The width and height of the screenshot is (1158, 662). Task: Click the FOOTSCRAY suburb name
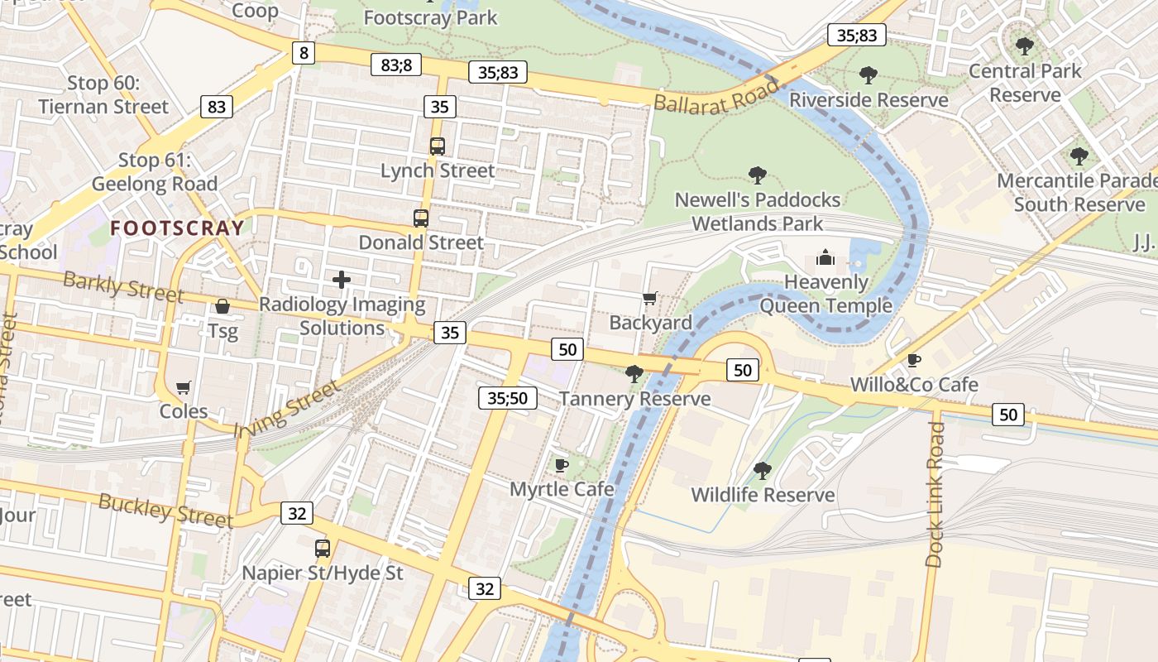pos(178,228)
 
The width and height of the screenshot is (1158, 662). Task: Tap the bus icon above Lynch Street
pos(438,146)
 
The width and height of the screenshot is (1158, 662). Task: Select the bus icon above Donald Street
pos(421,218)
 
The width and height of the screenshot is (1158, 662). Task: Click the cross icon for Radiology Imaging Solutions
pos(342,280)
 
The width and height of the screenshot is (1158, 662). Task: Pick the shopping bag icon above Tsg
pos(223,307)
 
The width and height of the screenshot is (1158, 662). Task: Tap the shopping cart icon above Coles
pos(184,387)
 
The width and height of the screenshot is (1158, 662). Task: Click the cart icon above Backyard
pos(650,298)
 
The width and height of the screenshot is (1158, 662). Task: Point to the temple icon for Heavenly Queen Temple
pos(825,258)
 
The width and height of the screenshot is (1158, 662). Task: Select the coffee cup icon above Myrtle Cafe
pos(562,465)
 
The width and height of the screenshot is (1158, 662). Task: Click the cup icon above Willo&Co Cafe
pos(914,360)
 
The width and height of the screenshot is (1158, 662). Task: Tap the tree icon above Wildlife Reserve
pos(763,471)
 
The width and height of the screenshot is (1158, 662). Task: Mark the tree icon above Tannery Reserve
pos(634,374)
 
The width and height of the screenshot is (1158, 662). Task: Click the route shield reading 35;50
pos(507,398)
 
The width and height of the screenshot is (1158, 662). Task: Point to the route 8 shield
pos(304,54)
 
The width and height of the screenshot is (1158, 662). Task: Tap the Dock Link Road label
pos(935,494)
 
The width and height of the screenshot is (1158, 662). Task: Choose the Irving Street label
pos(286,409)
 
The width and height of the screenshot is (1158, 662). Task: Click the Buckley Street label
pos(165,510)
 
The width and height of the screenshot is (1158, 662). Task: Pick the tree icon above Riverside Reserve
pos(868,75)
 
